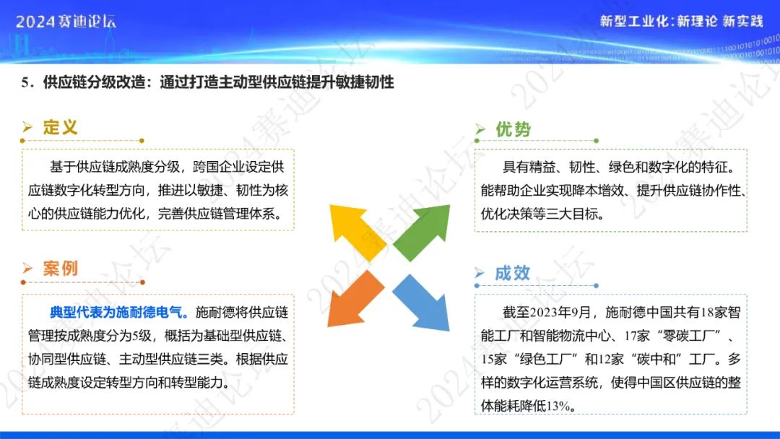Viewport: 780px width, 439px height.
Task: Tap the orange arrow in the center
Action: tap(355, 300)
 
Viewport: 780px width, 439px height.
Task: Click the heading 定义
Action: tap(60, 127)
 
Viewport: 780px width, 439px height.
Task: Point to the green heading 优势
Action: tap(513, 130)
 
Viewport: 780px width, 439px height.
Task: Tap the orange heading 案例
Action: tap(60, 269)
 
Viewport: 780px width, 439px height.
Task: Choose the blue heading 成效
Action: tap(512, 273)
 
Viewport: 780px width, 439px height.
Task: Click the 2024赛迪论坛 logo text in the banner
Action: tap(66, 22)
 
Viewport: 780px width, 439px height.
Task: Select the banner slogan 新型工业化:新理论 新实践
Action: tap(681, 21)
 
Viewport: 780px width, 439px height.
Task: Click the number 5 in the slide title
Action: tap(25, 82)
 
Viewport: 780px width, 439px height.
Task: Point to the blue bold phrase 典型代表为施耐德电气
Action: tap(119, 312)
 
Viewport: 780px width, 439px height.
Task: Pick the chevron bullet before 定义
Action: tap(27, 127)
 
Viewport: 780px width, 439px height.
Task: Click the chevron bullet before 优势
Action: tap(480, 130)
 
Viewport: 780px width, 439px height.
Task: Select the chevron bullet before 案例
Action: tap(27, 269)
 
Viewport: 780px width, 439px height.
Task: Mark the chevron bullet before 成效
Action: tap(480, 273)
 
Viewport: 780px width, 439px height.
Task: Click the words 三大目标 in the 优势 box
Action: tap(572, 214)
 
